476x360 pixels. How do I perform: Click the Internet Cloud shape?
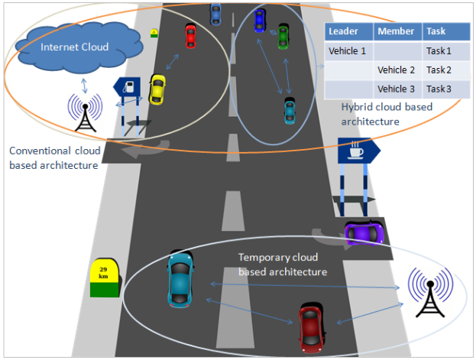tap(75, 47)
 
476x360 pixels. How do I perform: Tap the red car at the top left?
tap(190, 35)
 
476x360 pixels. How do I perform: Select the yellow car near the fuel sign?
tap(157, 89)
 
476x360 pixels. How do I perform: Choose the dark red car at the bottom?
tap(309, 326)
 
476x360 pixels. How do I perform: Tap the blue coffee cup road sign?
tap(358, 151)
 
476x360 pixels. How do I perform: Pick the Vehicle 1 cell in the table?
tap(348, 51)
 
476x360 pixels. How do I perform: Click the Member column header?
tap(397, 32)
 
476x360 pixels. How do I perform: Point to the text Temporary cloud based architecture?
tap(283, 264)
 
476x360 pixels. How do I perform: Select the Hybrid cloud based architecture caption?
tap(387, 114)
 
